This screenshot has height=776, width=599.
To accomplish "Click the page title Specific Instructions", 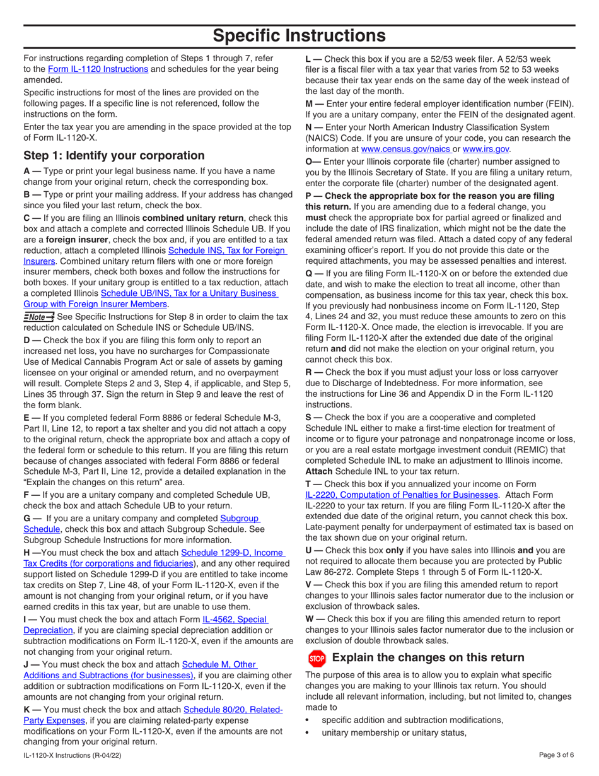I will (x=299, y=35).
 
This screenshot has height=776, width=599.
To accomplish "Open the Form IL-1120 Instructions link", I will (x=98, y=69).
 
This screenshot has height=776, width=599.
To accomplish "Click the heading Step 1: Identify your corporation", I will (x=113, y=155).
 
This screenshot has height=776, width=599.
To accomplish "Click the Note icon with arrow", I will (x=38, y=317).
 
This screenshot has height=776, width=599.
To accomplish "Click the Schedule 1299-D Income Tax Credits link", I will (x=233, y=553).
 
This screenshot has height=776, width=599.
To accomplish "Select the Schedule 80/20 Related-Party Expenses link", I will (x=231, y=710).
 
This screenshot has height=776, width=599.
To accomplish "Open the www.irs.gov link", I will (x=486, y=150).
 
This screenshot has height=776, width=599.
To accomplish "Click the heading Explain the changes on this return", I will (x=427, y=657).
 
